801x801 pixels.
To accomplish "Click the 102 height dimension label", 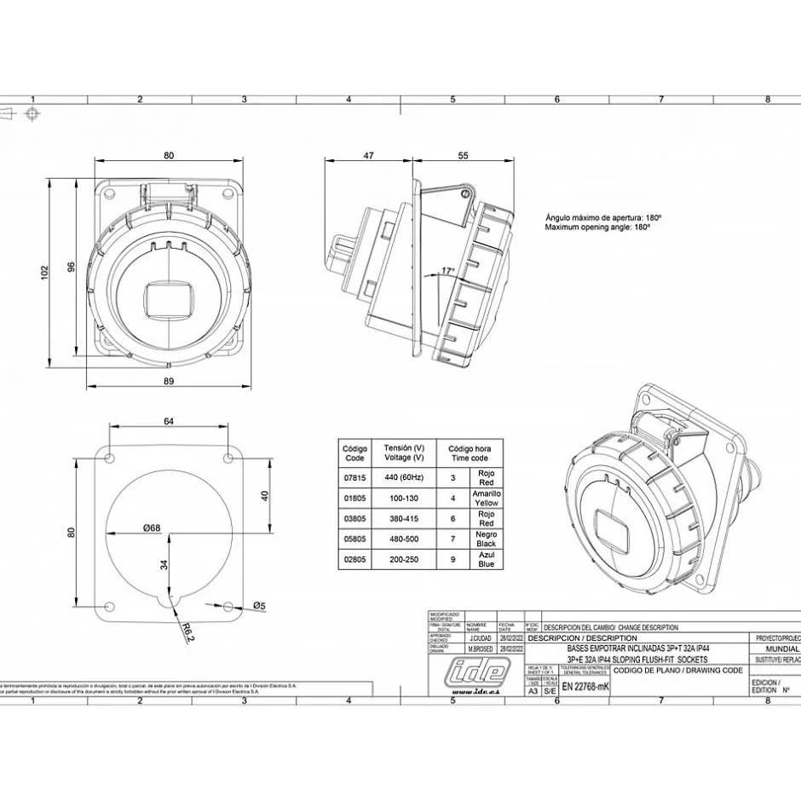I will tap(45, 272).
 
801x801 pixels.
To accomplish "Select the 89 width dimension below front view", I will tap(169, 381).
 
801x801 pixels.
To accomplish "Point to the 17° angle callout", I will tap(447, 271).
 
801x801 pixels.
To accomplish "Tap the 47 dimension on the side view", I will tap(369, 156).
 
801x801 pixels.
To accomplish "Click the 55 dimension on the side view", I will tap(464, 156).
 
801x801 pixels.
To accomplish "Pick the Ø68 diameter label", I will tap(152, 528).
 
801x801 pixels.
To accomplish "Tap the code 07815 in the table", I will tap(354, 477).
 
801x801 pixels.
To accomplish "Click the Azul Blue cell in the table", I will tap(486, 559).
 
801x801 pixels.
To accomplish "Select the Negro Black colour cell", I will tap(486, 539).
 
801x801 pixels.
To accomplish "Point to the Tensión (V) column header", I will tap(404, 452).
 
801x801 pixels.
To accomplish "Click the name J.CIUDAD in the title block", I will tap(480, 637).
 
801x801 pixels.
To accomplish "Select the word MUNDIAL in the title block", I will tap(776, 648).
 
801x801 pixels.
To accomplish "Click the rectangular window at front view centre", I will tap(169, 300).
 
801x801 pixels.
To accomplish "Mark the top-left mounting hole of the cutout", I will tap(110, 458).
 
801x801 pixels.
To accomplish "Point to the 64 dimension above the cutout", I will tap(169, 421).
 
